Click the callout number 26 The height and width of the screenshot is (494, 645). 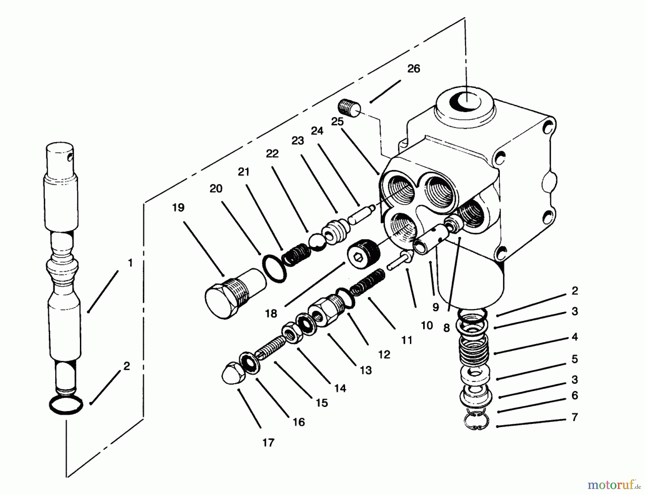point(414,69)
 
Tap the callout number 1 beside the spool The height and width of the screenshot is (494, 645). point(130,263)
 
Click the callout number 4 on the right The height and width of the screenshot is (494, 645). point(575,337)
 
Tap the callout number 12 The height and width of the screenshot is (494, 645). point(384,355)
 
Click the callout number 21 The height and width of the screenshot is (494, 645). point(244,172)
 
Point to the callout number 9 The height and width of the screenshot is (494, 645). point(435,307)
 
